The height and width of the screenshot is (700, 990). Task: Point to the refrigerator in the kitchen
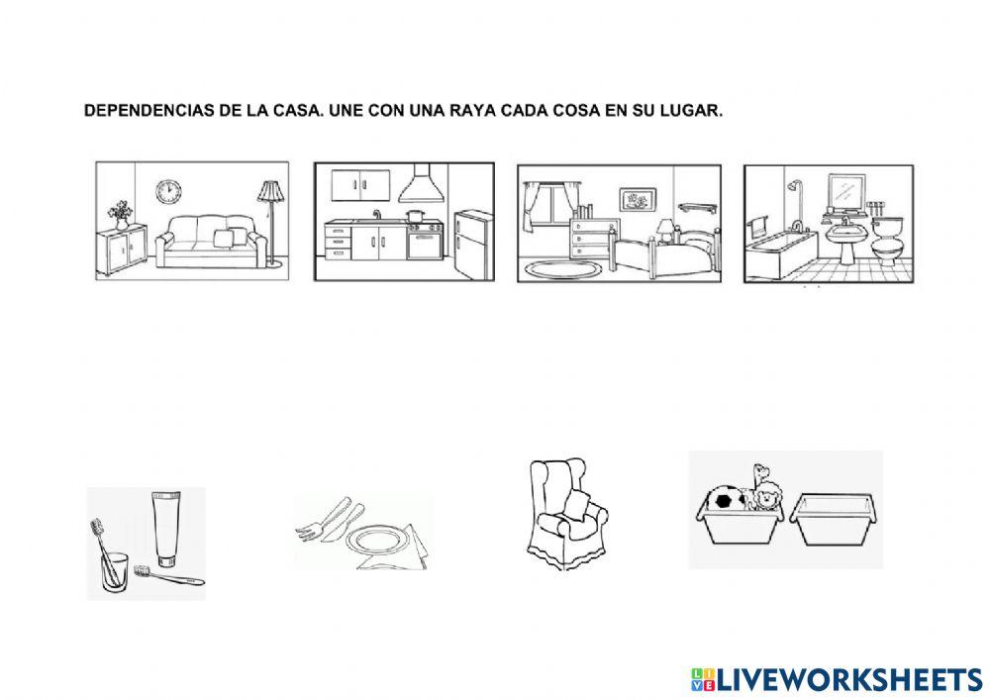point(473,243)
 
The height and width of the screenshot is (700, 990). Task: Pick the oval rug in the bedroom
point(561,268)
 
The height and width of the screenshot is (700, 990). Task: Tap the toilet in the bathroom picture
point(886,238)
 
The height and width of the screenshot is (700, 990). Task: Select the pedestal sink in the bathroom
point(846,238)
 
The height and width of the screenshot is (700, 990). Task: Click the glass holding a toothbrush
point(115,571)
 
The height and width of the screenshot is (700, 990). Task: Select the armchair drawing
point(565,515)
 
